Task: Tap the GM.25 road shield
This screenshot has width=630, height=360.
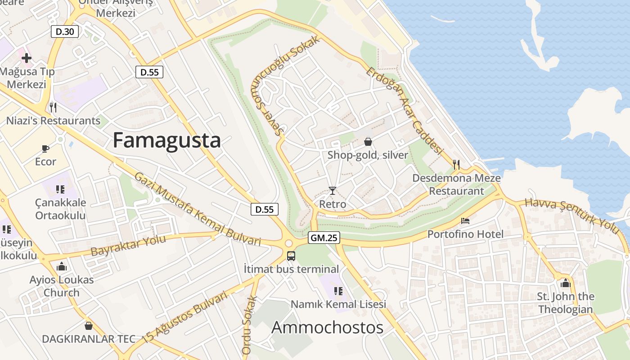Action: click(x=324, y=238)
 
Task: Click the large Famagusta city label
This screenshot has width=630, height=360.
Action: click(x=166, y=140)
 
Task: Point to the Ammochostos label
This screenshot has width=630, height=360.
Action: click(x=327, y=327)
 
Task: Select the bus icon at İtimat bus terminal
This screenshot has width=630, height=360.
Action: click(x=291, y=256)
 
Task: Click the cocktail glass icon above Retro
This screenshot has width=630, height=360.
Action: click(x=332, y=191)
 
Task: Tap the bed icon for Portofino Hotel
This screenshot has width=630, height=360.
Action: click(x=465, y=221)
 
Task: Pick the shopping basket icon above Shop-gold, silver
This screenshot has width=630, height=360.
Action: click(x=368, y=142)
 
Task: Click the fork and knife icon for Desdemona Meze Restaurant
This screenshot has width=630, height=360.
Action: click(x=456, y=164)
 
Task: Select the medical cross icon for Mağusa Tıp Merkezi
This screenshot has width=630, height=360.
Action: click(x=27, y=58)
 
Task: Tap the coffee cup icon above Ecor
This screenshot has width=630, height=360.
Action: click(x=45, y=148)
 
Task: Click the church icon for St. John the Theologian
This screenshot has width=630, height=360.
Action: click(x=566, y=283)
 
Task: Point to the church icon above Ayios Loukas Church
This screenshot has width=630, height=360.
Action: click(x=62, y=266)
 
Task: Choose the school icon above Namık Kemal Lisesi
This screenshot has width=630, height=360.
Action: click(x=338, y=291)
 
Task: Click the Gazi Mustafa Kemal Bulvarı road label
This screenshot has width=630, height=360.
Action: click(x=198, y=209)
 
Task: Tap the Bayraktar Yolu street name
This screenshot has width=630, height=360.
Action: click(x=128, y=245)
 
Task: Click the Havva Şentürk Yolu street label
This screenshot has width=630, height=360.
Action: click(x=572, y=216)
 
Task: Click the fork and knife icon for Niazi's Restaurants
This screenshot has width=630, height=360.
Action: click(x=53, y=107)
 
